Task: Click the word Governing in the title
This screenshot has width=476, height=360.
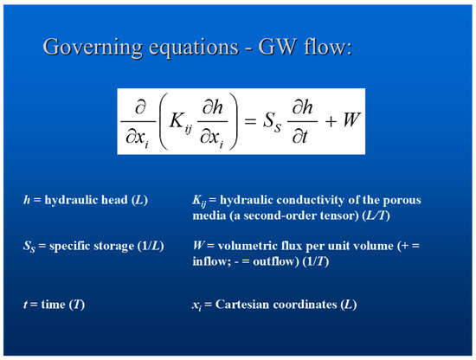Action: [x=93, y=48]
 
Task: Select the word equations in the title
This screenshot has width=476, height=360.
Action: [x=194, y=48]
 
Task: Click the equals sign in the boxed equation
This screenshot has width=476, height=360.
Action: [x=250, y=122]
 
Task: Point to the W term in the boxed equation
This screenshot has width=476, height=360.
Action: [x=351, y=119]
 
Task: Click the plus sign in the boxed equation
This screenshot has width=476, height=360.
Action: [x=331, y=121]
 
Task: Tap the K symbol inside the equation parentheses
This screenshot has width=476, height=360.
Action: [x=176, y=120]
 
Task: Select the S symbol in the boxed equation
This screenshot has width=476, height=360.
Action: [x=269, y=119]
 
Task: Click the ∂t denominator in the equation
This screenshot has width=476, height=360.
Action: [x=300, y=136]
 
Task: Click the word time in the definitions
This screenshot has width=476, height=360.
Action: [x=53, y=304]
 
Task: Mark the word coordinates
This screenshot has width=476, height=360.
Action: [x=305, y=304]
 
